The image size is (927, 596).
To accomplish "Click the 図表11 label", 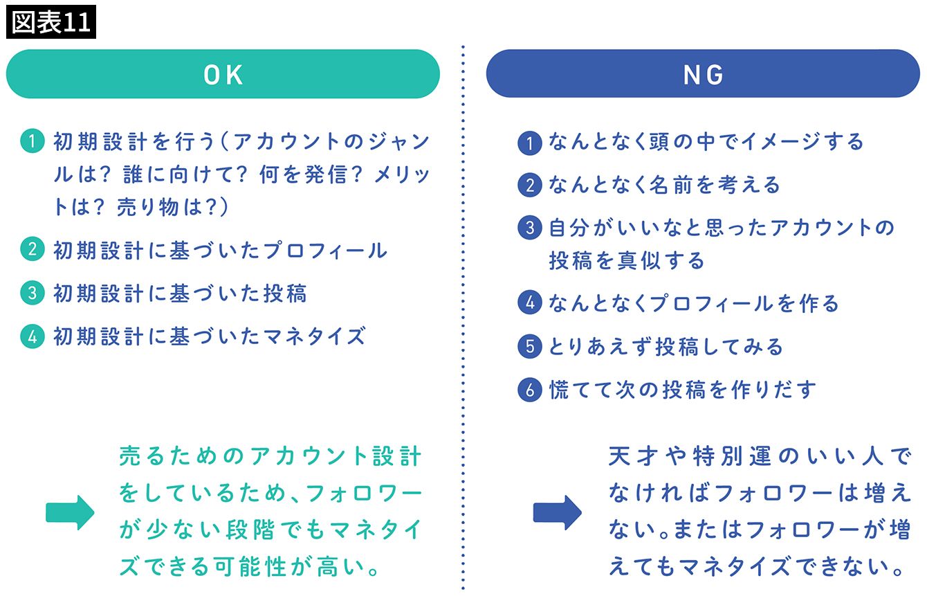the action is click(51, 22).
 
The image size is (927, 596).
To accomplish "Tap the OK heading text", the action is click(223, 75).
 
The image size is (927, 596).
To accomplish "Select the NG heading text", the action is click(703, 75).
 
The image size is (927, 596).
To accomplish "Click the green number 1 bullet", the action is click(33, 141).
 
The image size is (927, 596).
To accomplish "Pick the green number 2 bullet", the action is click(33, 249).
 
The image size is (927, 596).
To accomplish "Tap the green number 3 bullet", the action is click(33, 293).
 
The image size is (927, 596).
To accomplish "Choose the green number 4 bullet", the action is click(33, 336).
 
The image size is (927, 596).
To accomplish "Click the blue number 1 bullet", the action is click(530, 143).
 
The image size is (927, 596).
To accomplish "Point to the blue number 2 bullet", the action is click(530, 185).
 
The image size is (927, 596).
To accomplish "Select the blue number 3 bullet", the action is click(530, 227).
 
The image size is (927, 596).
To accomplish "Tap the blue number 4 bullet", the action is click(530, 302).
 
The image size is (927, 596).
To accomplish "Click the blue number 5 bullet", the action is click(530, 346).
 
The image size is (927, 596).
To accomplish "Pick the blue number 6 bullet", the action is click(530, 390).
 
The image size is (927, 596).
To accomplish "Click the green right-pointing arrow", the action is click(70, 512).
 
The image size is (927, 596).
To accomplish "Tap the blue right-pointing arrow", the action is click(558, 512).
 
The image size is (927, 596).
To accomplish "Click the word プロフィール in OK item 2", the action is click(325, 251).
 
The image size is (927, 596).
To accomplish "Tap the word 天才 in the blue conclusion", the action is click(633, 456).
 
